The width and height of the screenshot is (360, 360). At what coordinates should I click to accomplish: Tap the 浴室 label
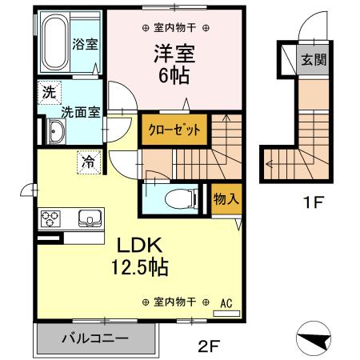pos(86,44)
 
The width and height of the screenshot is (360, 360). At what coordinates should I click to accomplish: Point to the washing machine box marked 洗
pos(49,92)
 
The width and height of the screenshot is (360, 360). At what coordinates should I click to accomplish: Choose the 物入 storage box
pos(225,198)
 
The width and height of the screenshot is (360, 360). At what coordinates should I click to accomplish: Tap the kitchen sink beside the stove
pos(87,218)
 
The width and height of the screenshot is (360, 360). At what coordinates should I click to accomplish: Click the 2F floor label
pos(209,346)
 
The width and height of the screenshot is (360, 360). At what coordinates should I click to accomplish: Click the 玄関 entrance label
pos(311,60)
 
